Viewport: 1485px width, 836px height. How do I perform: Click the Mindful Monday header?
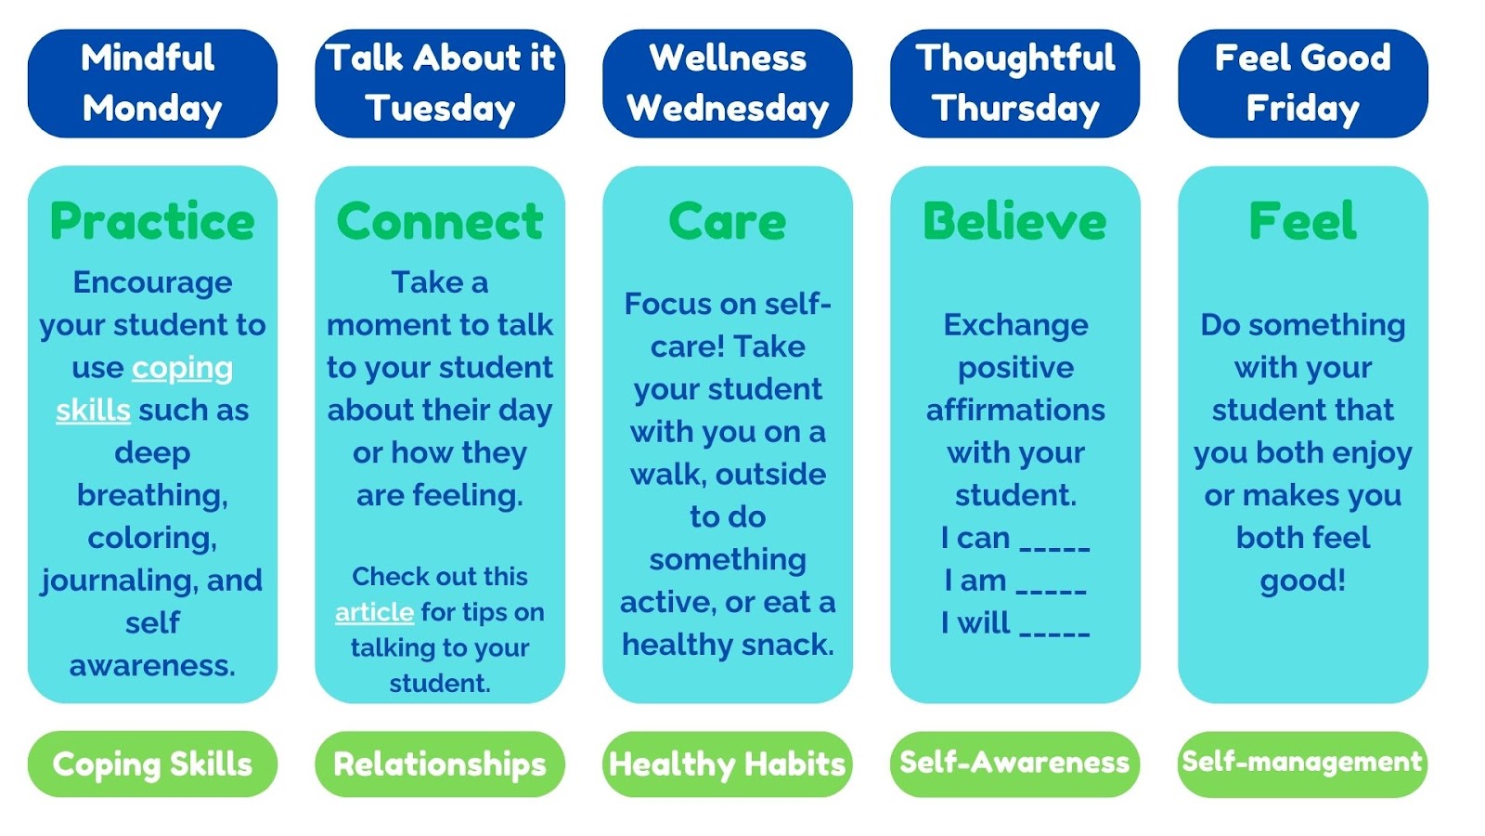pos(152,84)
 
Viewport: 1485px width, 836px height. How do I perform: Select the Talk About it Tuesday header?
pos(440,84)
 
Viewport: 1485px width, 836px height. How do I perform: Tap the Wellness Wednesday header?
pos(728,84)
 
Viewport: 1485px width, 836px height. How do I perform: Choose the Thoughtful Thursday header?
pos(1015,84)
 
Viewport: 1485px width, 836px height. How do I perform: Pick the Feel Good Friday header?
pos(1303,84)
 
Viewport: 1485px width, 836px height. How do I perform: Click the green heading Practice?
pos(152,221)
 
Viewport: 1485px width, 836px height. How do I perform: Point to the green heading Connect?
pos(440,221)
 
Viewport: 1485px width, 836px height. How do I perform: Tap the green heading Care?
pos(728,221)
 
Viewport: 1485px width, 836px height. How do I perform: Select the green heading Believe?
pos(1015,221)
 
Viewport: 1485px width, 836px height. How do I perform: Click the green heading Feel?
pos(1303,221)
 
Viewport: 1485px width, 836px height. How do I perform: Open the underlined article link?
pos(375,612)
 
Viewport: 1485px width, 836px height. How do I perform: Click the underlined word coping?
pos(182,369)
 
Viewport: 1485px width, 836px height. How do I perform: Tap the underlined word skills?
pos(93,410)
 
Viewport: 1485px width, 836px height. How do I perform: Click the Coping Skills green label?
pos(152,764)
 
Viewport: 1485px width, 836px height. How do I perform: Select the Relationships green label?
pos(440,764)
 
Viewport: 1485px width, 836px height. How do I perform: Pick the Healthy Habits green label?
pos(728,764)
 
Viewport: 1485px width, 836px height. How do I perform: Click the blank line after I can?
pos(1054,549)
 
